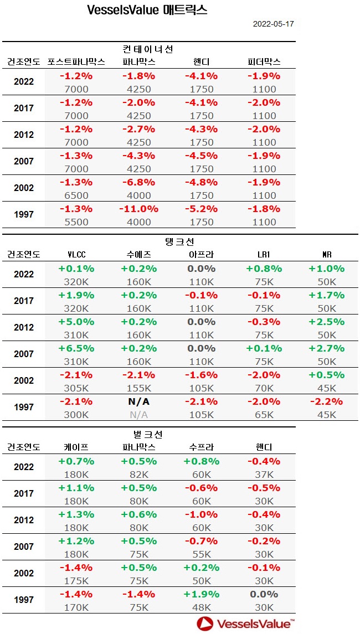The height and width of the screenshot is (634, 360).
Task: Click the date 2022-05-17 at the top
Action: coord(273,24)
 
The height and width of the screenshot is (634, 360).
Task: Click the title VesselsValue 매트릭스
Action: coord(147,10)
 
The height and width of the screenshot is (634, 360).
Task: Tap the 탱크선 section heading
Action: coord(181,241)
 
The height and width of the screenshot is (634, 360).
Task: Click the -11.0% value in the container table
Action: coord(138,209)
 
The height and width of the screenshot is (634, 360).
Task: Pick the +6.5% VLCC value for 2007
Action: coord(76,348)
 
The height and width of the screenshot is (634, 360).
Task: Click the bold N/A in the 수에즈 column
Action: coord(138,401)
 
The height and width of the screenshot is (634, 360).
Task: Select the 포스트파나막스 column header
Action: coord(76,61)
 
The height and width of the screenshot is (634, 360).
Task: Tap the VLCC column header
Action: coord(76,254)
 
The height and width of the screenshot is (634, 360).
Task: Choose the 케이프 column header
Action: coord(76,447)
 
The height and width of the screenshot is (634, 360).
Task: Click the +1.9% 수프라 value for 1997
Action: coord(201,594)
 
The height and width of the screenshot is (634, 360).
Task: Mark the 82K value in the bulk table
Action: coord(138,475)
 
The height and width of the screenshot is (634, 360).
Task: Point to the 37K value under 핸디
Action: coord(263,475)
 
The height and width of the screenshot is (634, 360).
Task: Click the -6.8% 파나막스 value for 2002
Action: coord(138,182)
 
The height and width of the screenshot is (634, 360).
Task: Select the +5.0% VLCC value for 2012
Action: coord(76,322)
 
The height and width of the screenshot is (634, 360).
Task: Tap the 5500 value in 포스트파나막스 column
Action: coord(76,222)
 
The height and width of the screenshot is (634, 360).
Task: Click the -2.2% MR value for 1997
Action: coord(326,401)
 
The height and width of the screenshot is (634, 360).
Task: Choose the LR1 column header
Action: coord(264,254)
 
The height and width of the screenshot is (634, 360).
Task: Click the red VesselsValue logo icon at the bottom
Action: coord(205,623)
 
